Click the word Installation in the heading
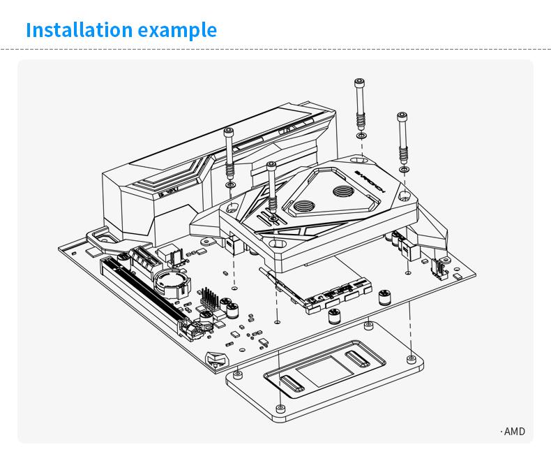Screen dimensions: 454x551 78,30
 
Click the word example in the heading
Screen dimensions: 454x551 177,30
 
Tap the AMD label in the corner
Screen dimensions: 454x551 513,432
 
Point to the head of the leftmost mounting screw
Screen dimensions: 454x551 229,132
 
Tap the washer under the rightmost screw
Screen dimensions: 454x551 404,169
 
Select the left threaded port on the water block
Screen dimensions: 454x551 303,206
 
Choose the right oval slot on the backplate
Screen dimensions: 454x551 357,360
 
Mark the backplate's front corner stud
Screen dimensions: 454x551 280,407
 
